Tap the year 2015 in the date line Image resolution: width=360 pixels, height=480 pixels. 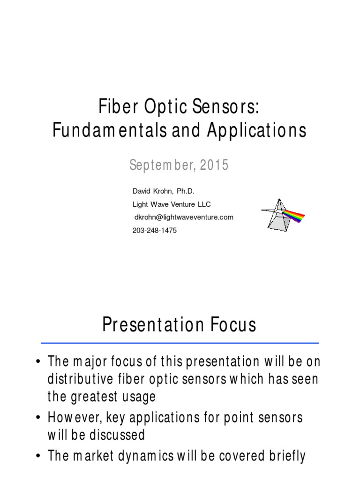tap(216, 165)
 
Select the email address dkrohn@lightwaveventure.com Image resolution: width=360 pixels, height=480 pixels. tap(183, 217)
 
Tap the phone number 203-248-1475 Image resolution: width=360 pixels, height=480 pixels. tap(155, 231)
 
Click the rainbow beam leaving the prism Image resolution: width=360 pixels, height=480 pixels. tap(294, 216)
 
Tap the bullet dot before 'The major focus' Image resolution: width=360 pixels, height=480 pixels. tap(37, 362)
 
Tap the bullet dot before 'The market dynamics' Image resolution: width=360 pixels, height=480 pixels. tap(37, 456)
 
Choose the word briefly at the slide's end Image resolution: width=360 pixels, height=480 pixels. tap(286, 456)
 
